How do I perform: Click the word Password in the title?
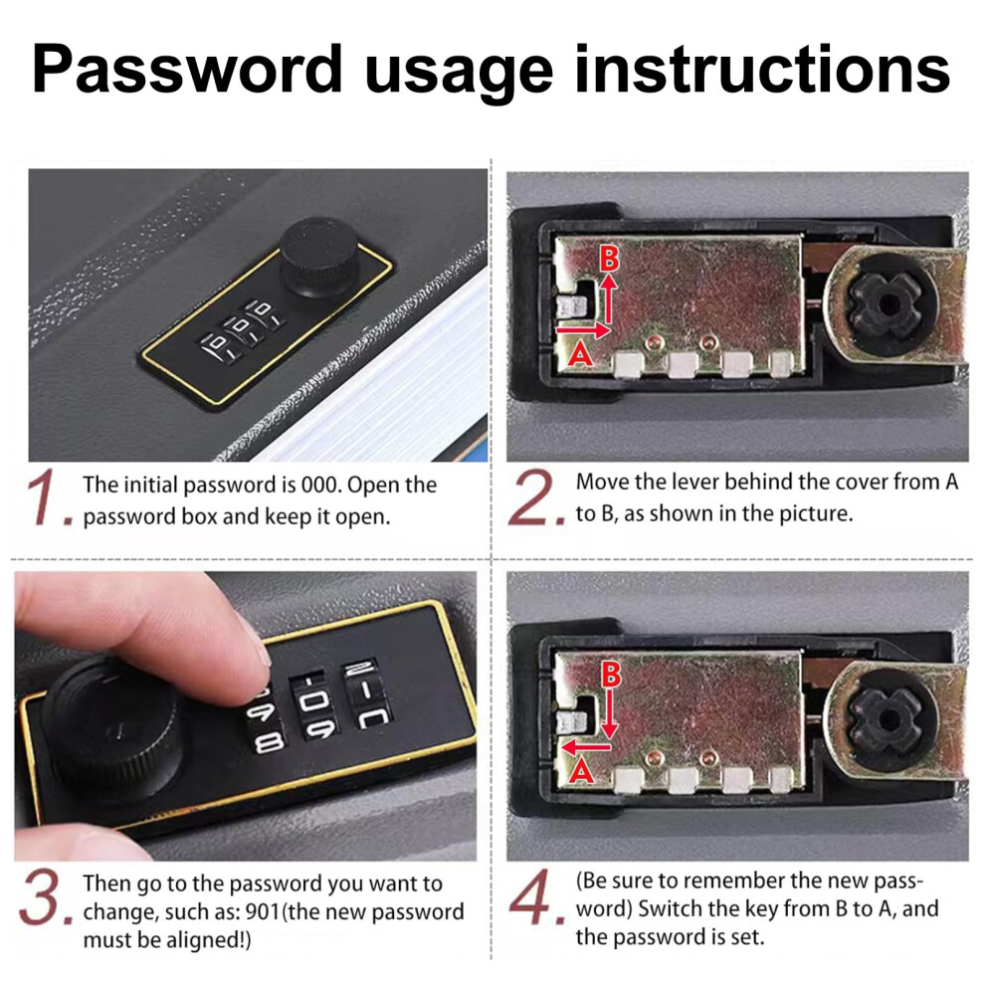187,70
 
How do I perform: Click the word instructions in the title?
762,69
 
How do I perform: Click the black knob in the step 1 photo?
318,257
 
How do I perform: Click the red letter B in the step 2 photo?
609,258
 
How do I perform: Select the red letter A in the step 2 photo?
580,354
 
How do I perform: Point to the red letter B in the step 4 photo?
611,674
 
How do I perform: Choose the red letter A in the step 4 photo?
581,771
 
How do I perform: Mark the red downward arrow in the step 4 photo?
609,714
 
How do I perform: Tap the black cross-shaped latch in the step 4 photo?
886,720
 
